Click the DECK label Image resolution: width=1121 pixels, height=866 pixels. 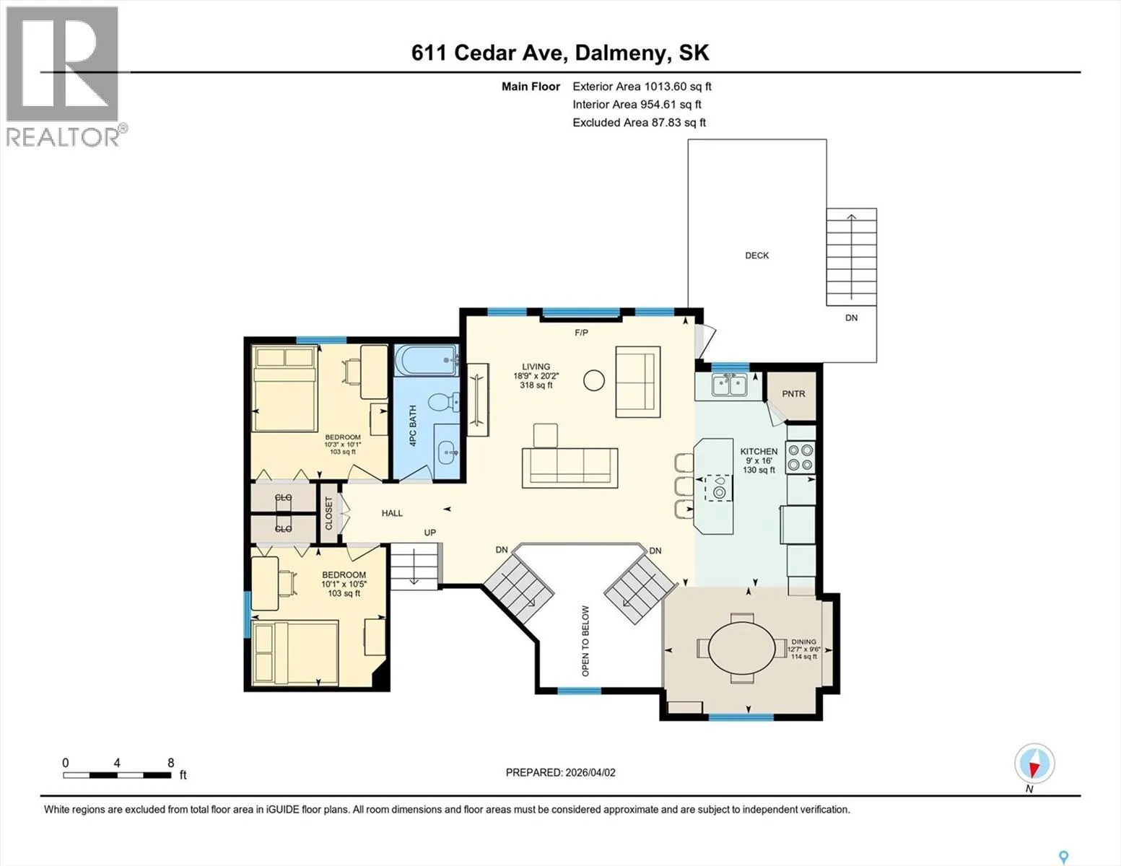tap(756, 255)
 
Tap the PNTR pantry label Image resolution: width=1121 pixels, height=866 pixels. tap(793, 393)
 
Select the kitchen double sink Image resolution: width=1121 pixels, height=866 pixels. tap(730, 384)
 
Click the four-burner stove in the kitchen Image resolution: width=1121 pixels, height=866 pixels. tap(801, 458)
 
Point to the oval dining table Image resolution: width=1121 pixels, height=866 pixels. tap(742, 648)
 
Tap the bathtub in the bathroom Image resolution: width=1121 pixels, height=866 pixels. tap(427, 360)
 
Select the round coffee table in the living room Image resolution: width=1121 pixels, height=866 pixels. tap(594, 380)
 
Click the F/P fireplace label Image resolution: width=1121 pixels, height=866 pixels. tap(581, 333)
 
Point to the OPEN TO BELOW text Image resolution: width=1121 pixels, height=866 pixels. tap(585, 641)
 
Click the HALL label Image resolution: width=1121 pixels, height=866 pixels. tap(392, 512)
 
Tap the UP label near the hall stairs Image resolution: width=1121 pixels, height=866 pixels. tap(429, 533)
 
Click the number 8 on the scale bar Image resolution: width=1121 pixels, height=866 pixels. tap(171, 762)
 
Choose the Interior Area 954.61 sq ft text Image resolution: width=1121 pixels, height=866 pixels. tap(637, 104)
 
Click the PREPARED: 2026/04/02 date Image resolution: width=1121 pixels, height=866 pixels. tap(561, 773)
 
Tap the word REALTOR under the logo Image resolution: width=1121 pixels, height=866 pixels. tap(62, 137)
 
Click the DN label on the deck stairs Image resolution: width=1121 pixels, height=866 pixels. tap(852, 318)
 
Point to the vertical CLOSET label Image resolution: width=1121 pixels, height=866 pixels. tap(328, 513)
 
